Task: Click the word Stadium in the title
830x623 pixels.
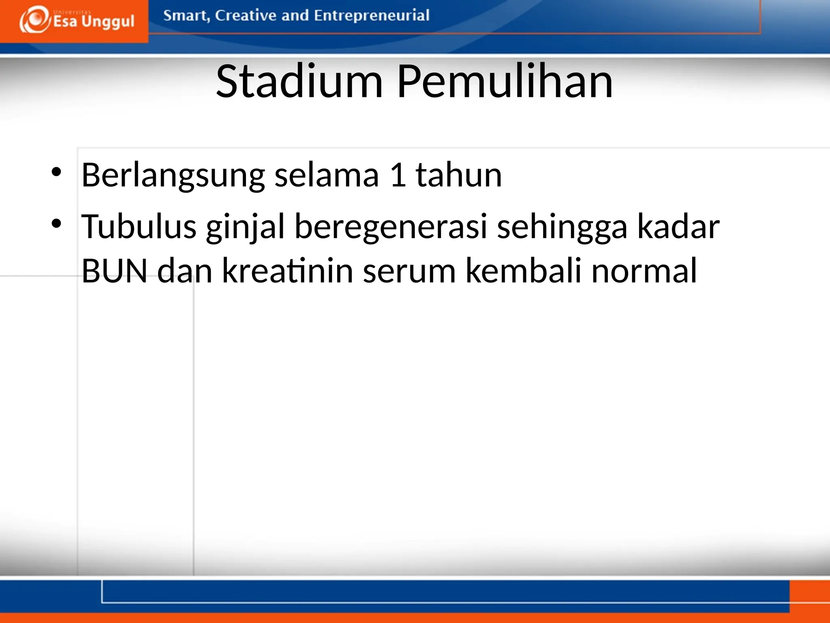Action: pos(299,82)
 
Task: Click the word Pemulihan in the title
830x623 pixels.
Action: pos(505,82)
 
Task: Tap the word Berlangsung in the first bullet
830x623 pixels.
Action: pos(173,175)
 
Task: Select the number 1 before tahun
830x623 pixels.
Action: pos(398,175)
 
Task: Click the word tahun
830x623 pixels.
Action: pos(459,175)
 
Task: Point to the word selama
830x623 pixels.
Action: pos(327,175)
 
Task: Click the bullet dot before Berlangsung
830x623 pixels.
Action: pos(56,172)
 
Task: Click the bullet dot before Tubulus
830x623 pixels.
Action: pos(56,223)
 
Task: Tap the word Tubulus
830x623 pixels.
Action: pos(139,226)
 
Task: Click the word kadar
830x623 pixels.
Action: pos(678,226)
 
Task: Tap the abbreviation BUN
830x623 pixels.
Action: pos(115,271)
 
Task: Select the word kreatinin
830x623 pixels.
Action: pos(288,271)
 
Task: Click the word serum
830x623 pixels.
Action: pos(409,271)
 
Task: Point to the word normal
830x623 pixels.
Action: pos(644,271)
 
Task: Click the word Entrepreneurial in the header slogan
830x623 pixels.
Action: pos(371,15)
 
